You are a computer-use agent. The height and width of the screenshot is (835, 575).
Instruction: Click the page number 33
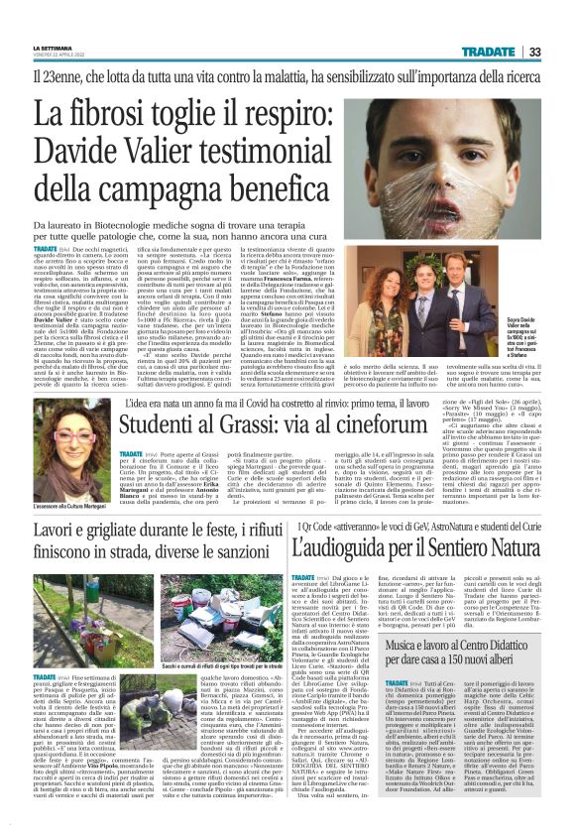pyautogui.click(x=561, y=52)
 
